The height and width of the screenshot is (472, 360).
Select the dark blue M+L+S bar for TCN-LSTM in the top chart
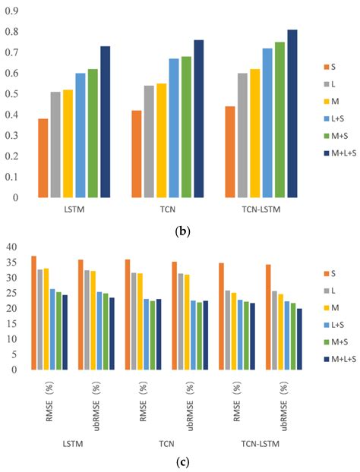tap(292, 113)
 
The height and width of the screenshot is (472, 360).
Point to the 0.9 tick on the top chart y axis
tap(17, 11)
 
